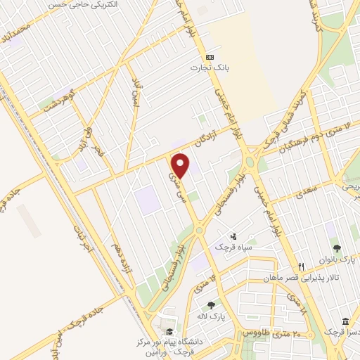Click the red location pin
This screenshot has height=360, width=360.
click(181, 165)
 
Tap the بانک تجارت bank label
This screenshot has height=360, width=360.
click(207, 68)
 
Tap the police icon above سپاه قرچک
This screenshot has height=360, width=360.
click(234, 237)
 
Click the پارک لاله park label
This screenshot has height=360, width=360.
click(211, 316)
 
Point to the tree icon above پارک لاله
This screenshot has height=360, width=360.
click(211, 305)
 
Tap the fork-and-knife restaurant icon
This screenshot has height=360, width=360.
click(301, 266)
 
